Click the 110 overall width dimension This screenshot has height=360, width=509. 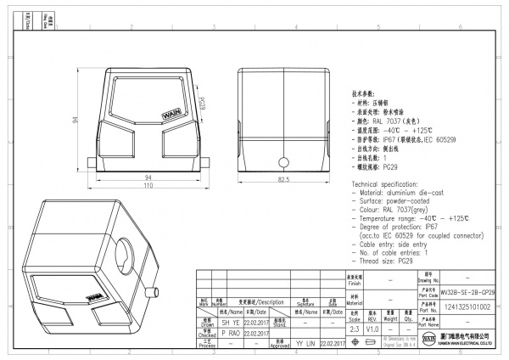coord(148,185)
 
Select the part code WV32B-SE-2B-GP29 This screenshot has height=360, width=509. coord(467,291)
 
